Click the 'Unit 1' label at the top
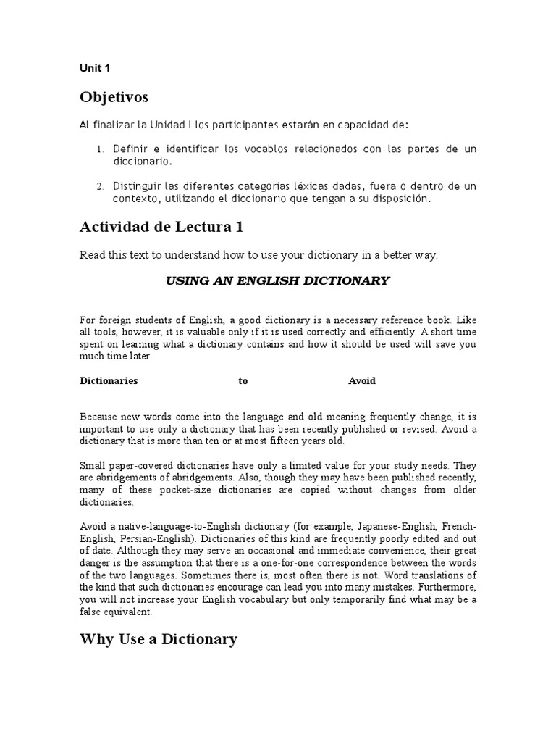pyautogui.click(x=94, y=69)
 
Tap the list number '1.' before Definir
pyautogui.click(x=100, y=149)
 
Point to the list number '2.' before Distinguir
pyautogui.click(x=100, y=187)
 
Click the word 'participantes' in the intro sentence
pyautogui.click(x=229, y=125)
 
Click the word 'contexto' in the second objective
pyautogui.click(x=135, y=198)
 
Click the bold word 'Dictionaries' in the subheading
pyautogui.click(x=109, y=381)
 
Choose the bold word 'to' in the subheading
pyautogui.click(x=243, y=381)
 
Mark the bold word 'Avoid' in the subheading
pyautogui.click(x=362, y=381)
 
